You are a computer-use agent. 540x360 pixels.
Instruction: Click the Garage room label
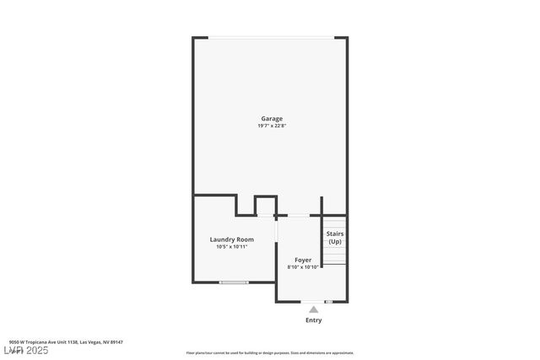pyautogui.click(x=271, y=119)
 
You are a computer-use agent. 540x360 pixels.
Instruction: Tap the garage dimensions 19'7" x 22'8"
pyautogui.click(x=271, y=126)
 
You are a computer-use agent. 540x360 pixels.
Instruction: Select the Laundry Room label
pyautogui.click(x=231, y=239)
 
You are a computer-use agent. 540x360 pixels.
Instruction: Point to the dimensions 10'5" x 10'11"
pyautogui.click(x=231, y=247)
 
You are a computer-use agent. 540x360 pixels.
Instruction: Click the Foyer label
pyautogui.click(x=303, y=260)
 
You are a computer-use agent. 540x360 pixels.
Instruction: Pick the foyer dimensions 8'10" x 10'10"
pyautogui.click(x=303, y=267)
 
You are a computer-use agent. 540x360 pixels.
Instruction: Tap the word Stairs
pyautogui.click(x=335, y=234)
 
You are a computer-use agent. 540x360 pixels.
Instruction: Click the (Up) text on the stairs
pyautogui.click(x=335, y=242)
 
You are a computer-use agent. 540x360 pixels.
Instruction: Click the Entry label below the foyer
pyautogui.click(x=313, y=320)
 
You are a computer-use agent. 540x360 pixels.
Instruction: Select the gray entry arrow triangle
pyautogui.click(x=313, y=309)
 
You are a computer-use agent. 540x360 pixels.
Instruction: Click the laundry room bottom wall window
pyautogui.click(x=233, y=282)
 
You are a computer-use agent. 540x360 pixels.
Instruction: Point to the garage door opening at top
pyautogui.click(x=271, y=37)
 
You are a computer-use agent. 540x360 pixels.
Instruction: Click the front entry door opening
pyautogui.click(x=313, y=301)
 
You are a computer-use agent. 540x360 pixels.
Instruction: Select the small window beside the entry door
pyautogui.click(x=329, y=301)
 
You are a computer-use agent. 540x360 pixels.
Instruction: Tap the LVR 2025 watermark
pyautogui.click(x=26, y=350)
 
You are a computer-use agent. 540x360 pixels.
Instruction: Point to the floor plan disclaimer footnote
pyautogui.click(x=270, y=353)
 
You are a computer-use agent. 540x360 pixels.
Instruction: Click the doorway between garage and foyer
pyautogui.click(x=298, y=216)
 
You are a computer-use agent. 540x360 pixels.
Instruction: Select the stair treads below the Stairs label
pyautogui.click(x=335, y=255)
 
